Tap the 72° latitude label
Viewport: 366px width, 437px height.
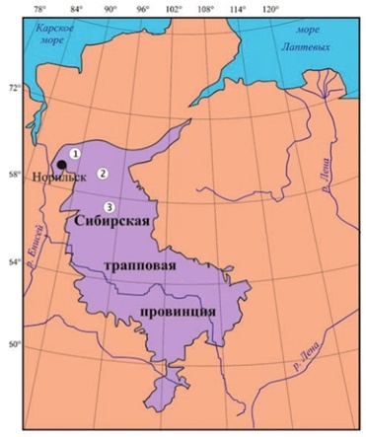point(15,90)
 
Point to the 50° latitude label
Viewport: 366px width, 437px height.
point(15,345)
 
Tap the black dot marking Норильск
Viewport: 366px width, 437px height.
point(61,165)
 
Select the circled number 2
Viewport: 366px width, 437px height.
point(102,173)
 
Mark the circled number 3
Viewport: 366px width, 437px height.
point(109,206)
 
